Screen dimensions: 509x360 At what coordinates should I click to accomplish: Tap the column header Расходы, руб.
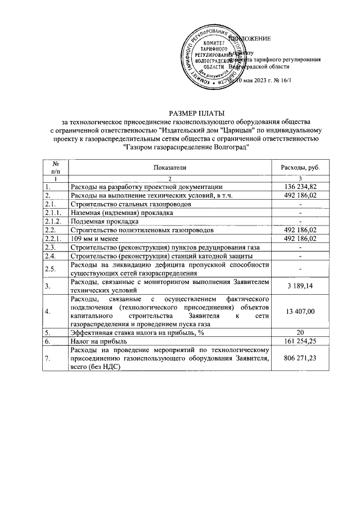pyautogui.click(x=300, y=168)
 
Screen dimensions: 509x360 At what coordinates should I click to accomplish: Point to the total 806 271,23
pyautogui.click(x=300, y=359)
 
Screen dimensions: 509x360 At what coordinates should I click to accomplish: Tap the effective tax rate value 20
pyautogui.click(x=300, y=332)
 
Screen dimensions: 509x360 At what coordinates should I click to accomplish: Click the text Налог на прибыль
pyautogui.click(x=99, y=341)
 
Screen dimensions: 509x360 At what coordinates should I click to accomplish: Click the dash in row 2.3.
pyautogui.click(x=300, y=248)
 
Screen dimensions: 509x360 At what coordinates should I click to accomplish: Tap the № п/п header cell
pyautogui.click(x=56, y=168)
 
